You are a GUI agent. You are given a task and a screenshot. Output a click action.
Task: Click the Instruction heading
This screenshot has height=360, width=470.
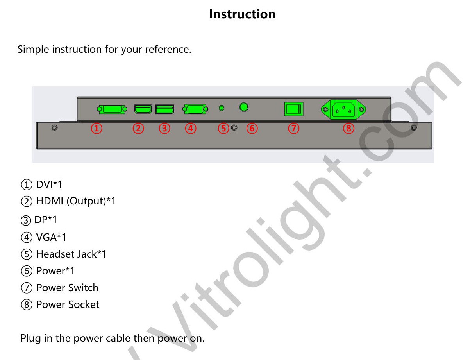coord(242,14)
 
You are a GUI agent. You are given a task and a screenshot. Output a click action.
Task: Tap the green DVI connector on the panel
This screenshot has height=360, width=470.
coord(112,109)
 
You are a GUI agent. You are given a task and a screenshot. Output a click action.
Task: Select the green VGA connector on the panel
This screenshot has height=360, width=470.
coord(195,109)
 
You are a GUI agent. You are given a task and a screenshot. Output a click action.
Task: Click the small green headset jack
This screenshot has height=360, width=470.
coord(222,108)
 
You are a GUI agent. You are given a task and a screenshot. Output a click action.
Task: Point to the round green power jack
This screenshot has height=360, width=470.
coord(244,107)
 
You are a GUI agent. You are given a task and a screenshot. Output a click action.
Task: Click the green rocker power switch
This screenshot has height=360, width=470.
coord(294,109)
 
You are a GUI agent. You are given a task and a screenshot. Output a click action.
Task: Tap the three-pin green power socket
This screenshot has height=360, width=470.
coord(343,109)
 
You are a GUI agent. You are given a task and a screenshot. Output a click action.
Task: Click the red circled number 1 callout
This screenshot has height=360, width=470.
coord(97,128)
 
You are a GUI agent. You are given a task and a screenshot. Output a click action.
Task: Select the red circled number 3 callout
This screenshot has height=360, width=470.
coord(164,128)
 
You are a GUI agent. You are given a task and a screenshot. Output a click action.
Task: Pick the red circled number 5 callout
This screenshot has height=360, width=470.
coord(223,128)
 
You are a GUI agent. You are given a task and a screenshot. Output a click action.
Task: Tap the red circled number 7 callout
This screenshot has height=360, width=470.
coord(293,128)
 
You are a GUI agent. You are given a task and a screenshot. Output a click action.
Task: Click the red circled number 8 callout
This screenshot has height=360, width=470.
coord(348,128)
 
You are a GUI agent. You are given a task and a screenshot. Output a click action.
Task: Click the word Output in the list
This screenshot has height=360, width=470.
coord(86,201)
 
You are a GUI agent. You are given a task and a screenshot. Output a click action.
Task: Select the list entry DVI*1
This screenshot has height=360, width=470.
coord(49,184)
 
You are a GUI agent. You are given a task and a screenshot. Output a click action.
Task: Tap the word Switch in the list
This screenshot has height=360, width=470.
coord(83,288)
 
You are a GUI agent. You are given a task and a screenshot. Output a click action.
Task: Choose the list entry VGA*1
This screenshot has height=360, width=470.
coord(51,237)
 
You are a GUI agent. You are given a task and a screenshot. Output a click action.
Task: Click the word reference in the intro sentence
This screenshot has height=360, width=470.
coord(168,49)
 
